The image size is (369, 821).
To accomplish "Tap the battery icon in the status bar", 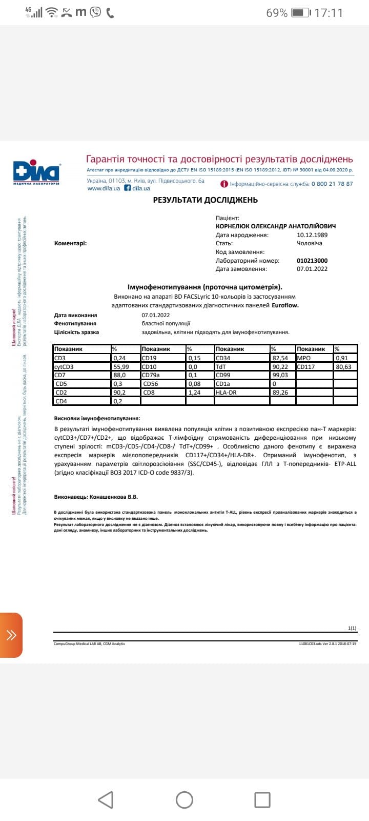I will pos(300,13).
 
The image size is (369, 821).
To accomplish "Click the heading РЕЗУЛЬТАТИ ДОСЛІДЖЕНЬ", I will pos(205,200).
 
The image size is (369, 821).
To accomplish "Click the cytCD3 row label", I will pos(64,367).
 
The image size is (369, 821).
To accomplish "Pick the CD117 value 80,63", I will pos(343,367).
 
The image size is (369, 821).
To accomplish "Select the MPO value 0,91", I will pos(342,358).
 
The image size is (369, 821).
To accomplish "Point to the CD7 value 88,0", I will pos(119,375).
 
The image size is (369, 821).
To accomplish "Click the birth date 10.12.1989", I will pos(312,235).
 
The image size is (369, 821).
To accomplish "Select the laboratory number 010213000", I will pos(312,261).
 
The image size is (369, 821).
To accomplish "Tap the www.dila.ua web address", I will pos(104,188).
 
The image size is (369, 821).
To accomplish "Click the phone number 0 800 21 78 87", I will pos(332,184).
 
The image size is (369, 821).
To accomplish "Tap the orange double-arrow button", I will pos(11,635).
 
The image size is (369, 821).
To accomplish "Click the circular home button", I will pos(184,799).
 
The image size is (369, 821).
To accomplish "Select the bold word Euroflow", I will pos(285,305).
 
